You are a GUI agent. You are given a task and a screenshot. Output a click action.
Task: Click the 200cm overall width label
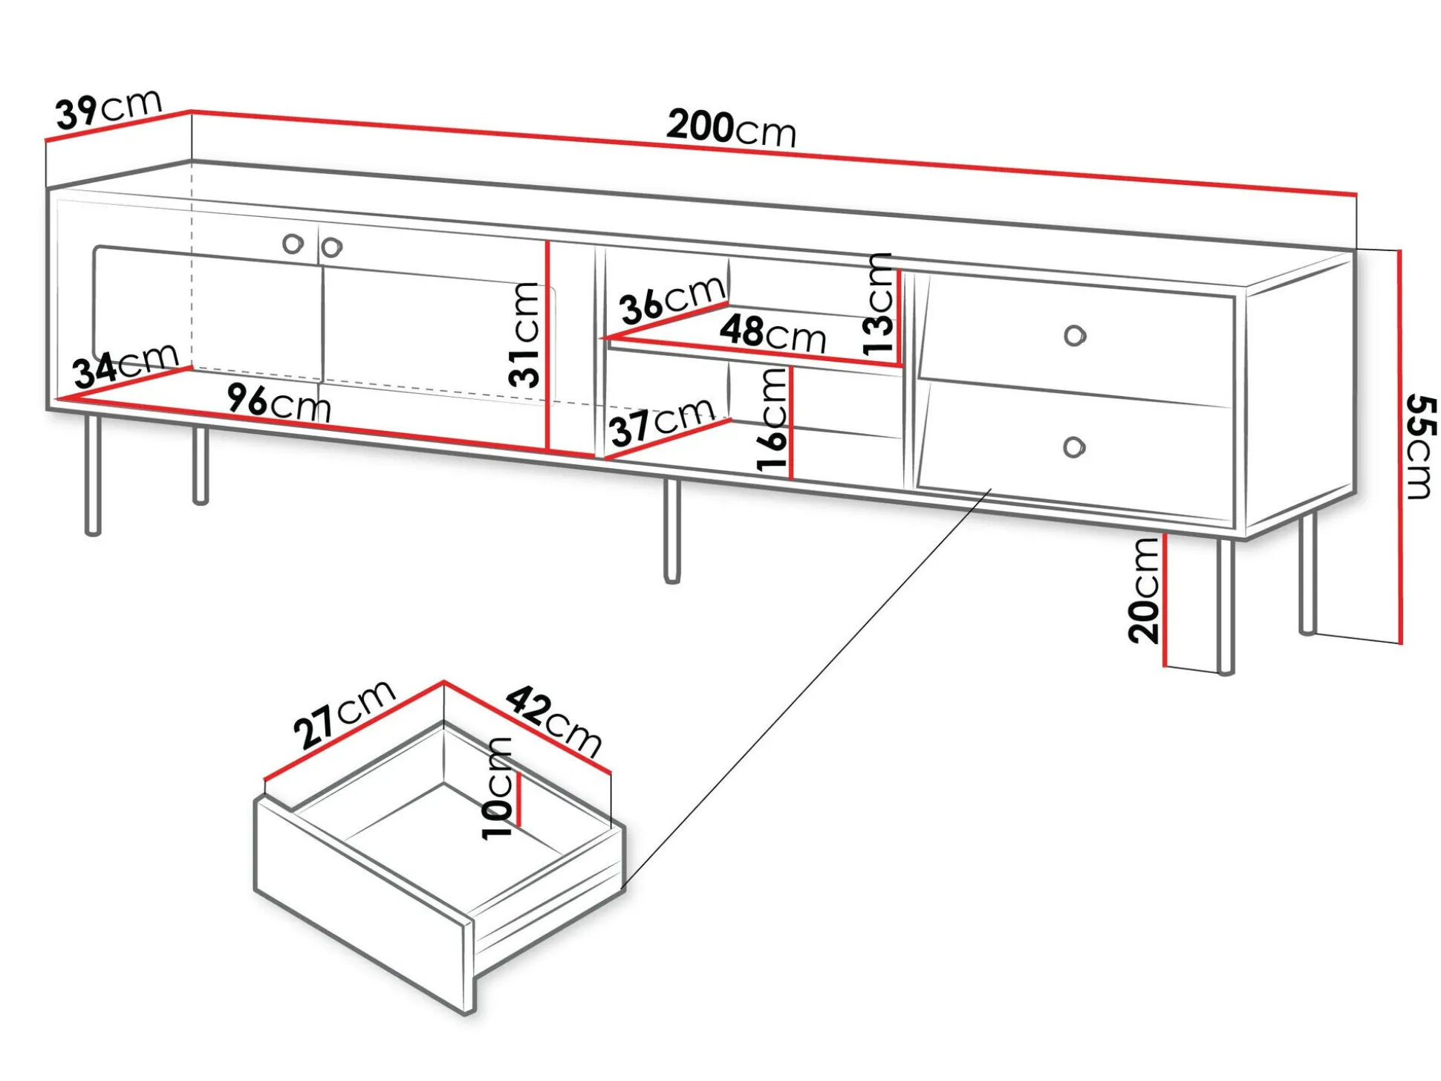(731, 129)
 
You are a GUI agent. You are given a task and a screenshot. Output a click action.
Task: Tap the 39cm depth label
(108, 108)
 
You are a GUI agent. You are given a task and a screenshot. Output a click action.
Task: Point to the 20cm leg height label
(1143, 591)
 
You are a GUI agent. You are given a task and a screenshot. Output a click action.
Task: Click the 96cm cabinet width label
(279, 403)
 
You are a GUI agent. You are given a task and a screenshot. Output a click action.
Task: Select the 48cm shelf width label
(772, 334)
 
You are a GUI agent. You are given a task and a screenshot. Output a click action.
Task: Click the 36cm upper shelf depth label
(672, 299)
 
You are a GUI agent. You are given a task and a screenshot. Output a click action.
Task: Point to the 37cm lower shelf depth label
(662, 421)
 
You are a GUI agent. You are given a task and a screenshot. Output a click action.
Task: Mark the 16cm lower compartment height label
(772, 420)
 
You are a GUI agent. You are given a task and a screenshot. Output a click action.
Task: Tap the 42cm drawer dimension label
(553, 721)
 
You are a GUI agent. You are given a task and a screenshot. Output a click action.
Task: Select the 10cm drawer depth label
(497, 788)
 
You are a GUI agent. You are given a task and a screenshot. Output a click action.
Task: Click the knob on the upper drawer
(1074, 336)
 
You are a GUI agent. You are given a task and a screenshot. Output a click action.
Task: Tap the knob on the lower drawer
(1074, 447)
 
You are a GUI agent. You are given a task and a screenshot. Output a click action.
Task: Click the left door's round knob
(293, 243)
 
